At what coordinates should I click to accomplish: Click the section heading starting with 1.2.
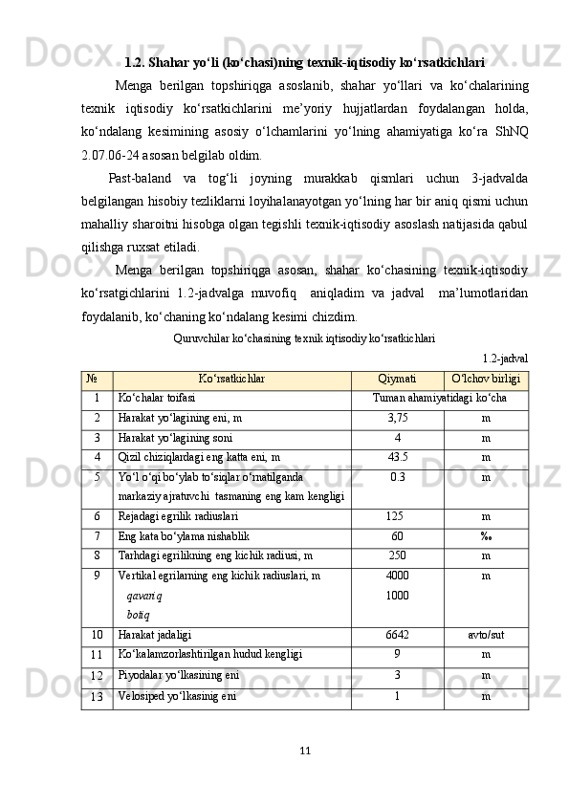tap(304, 63)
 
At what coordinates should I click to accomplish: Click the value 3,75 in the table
tap(397, 418)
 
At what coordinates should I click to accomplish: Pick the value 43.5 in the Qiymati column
tap(397, 457)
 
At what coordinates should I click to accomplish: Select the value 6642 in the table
tap(397, 634)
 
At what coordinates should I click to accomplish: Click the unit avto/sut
tap(486, 634)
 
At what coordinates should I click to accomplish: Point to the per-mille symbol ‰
tap(486, 536)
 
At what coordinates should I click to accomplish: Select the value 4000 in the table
tap(397, 577)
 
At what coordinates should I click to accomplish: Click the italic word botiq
tap(137, 613)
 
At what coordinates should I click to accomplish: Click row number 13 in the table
tap(98, 697)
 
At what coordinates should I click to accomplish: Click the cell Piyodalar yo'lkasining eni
tap(179, 675)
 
